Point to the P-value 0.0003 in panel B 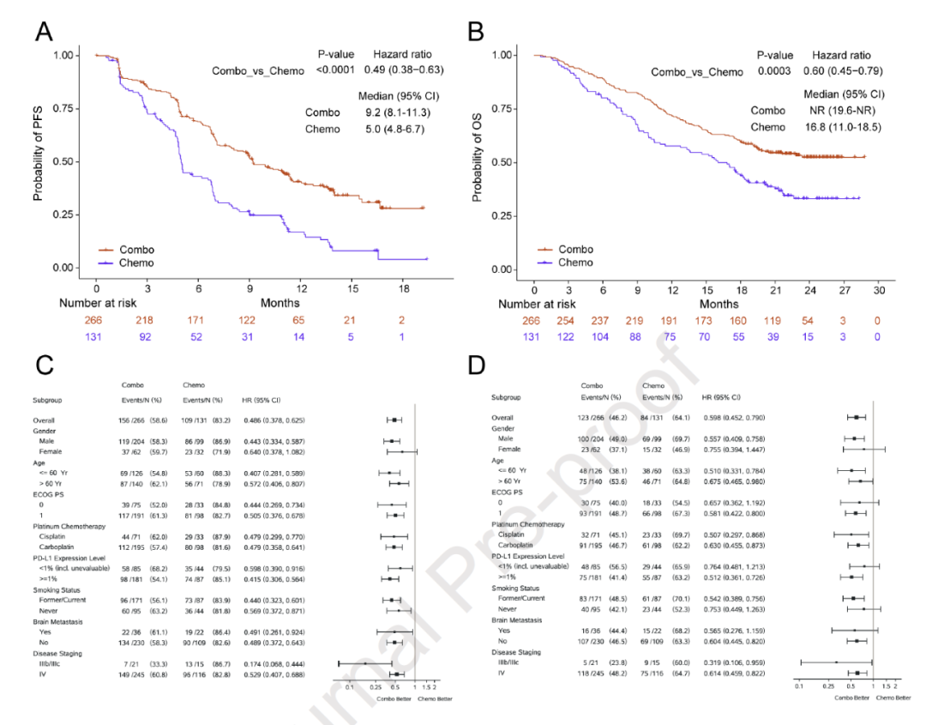774,71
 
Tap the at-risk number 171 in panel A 199,320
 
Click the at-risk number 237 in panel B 604,320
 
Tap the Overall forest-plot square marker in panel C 394,420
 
